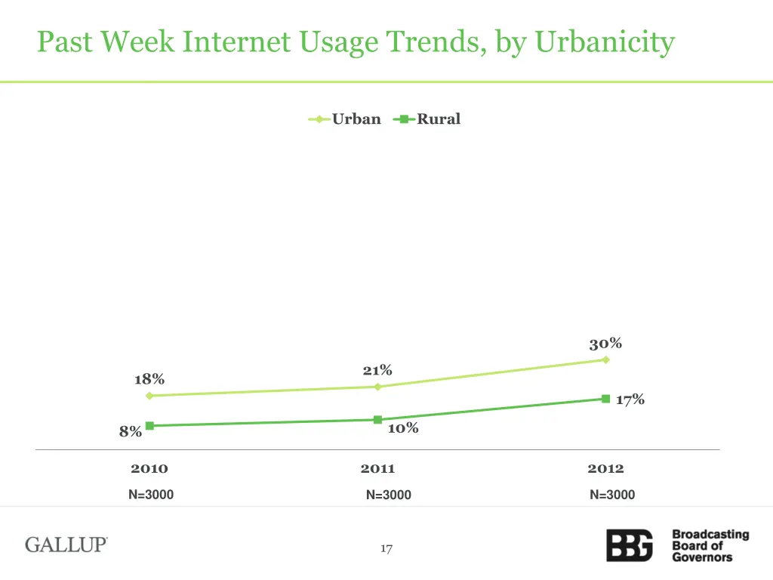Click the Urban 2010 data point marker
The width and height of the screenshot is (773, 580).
[149, 396]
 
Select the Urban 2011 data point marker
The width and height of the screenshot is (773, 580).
[377, 387]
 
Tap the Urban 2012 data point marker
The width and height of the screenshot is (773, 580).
[605, 359]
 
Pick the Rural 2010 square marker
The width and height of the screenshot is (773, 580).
[149, 426]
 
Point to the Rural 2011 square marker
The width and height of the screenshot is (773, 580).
[377, 420]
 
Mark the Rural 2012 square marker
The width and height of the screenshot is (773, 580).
[605, 399]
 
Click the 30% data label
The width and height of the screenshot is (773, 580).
[605, 344]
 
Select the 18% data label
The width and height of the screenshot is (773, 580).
[149, 379]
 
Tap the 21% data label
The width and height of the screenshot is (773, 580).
[377, 370]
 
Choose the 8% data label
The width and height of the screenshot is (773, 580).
[130, 432]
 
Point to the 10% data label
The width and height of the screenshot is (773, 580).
[402, 428]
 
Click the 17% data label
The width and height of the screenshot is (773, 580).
[630, 400]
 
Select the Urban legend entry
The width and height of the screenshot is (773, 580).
[345, 119]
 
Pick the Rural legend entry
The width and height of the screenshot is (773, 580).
[427, 119]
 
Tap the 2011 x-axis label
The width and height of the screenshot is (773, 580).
[377, 469]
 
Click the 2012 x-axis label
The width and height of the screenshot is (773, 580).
[605, 469]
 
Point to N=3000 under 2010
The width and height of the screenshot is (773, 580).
[150, 495]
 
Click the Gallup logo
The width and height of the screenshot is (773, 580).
[66, 545]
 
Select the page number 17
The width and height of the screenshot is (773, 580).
[386, 549]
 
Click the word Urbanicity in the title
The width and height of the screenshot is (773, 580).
[605, 42]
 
